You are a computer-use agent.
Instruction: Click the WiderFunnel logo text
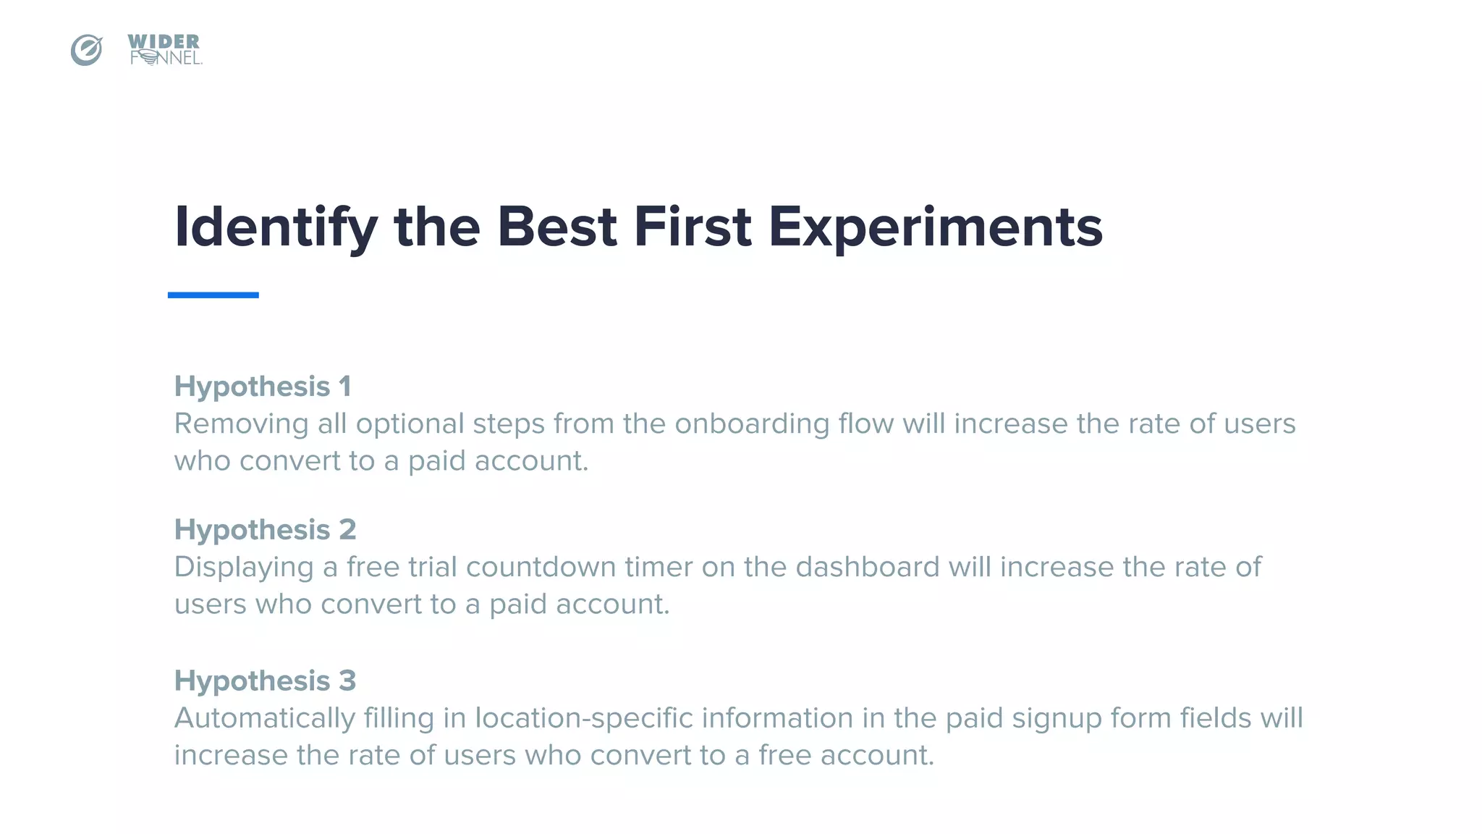click(165, 50)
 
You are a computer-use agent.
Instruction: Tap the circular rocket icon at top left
click(86, 50)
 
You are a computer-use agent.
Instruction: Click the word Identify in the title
click(276, 227)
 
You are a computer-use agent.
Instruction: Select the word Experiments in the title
click(935, 227)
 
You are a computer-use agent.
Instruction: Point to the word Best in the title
click(556, 227)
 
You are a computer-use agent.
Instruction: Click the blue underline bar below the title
click(213, 295)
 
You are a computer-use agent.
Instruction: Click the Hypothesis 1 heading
click(263, 386)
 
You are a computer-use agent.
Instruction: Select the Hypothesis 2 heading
click(265, 529)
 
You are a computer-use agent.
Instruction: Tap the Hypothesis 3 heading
click(265, 681)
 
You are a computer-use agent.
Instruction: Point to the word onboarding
click(752, 424)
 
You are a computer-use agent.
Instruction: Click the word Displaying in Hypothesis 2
click(244, 567)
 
